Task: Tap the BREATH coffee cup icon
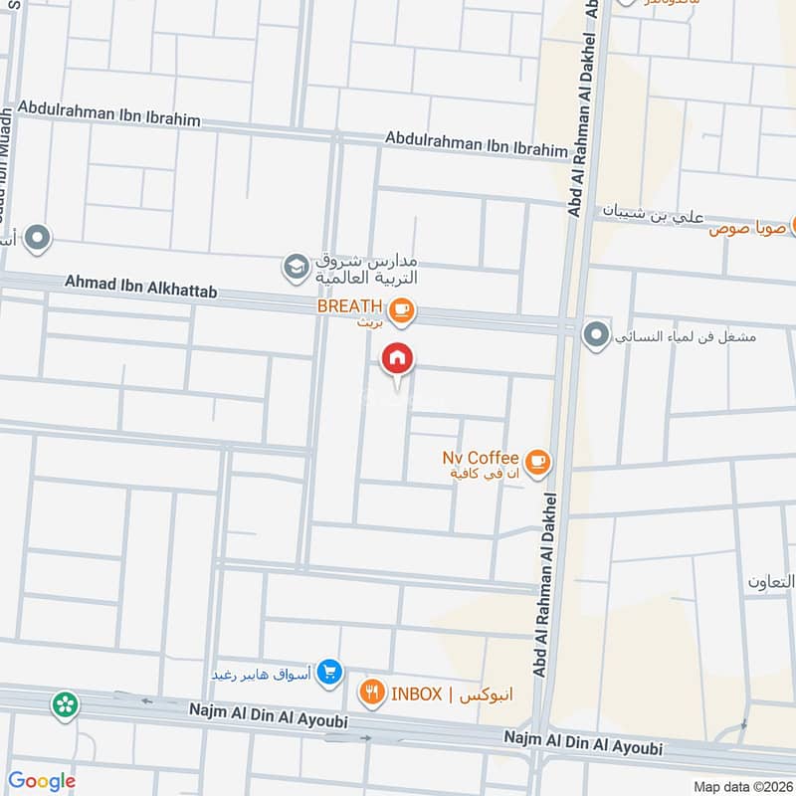click(402, 311)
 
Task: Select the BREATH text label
click(350, 306)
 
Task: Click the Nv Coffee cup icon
click(537, 461)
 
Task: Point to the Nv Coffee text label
click(481, 458)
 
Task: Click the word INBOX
click(416, 695)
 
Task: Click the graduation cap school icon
click(295, 267)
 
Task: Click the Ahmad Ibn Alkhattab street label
click(140, 288)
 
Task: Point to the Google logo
click(41, 781)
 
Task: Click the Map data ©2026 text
click(741, 786)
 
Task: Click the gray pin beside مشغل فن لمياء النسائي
click(596, 335)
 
